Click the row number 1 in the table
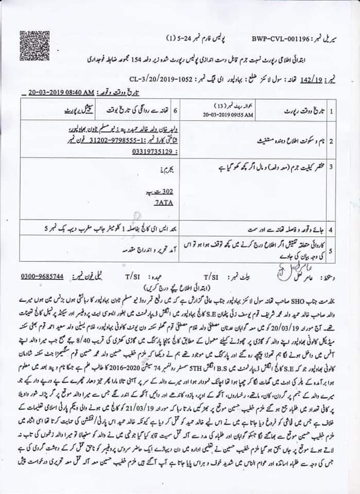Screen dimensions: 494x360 (332, 111)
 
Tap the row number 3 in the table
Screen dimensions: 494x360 (332, 167)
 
